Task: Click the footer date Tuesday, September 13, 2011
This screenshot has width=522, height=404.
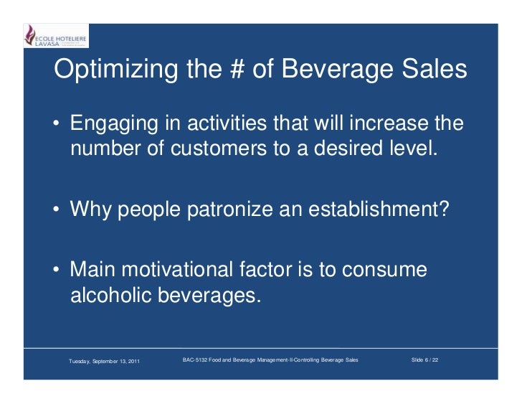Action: (104, 360)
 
